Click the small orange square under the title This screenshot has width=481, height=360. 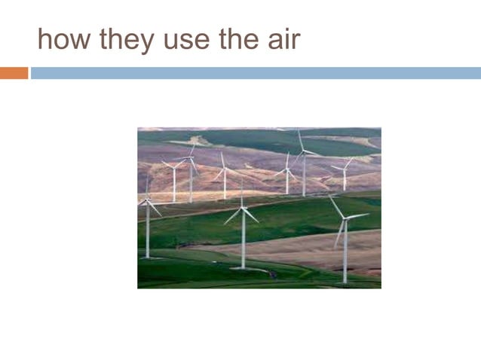(x=14, y=73)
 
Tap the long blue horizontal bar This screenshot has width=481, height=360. (x=256, y=73)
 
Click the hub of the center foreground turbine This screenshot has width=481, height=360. (x=242, y=208)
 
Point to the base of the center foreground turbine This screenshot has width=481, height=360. (x=242, y=267)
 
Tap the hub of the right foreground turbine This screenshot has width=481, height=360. (x=345, y=218)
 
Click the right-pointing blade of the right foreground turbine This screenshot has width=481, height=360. (x=357, y=216)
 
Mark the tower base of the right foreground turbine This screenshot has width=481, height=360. (x=345, y=282)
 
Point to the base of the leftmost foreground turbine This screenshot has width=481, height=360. (x=148, y=258)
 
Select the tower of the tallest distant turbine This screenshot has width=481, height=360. (x=304, y=177)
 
